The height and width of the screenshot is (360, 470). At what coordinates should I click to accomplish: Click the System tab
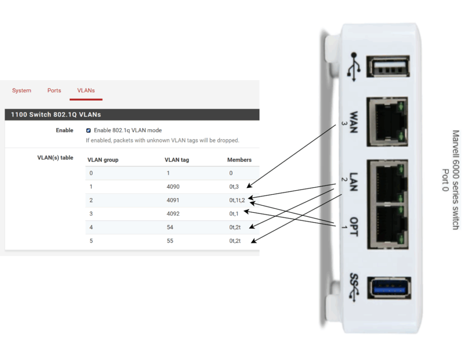[x=22, y=91]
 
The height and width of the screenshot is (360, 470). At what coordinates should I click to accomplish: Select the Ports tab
[x=54, y=91]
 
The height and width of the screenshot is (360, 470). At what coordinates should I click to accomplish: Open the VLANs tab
[x=86, y=91]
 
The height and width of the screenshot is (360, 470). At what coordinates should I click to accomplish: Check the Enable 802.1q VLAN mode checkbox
[x=89, y=131]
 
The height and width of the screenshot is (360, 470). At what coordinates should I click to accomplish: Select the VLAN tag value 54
[x=170, y=227]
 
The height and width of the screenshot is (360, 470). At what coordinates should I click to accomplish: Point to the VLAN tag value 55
[x=170, y=241]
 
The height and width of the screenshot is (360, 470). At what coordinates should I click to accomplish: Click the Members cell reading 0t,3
[x=235, y=187]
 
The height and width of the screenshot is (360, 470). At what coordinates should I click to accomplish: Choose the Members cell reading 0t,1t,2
[x=238, y=200]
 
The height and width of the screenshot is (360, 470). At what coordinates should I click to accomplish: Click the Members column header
[x=239, y=160]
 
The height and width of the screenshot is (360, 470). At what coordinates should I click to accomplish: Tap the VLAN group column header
[x=103, y=160]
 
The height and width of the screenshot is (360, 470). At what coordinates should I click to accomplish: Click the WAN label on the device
[x=354, y=122]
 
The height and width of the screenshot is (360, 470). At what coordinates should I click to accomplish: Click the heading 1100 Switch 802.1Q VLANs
[x=56, y=114]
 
